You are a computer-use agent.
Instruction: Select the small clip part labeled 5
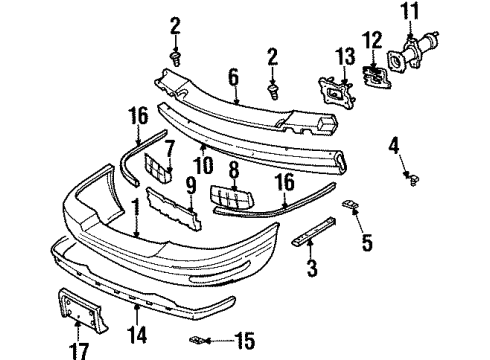click(351, 205)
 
